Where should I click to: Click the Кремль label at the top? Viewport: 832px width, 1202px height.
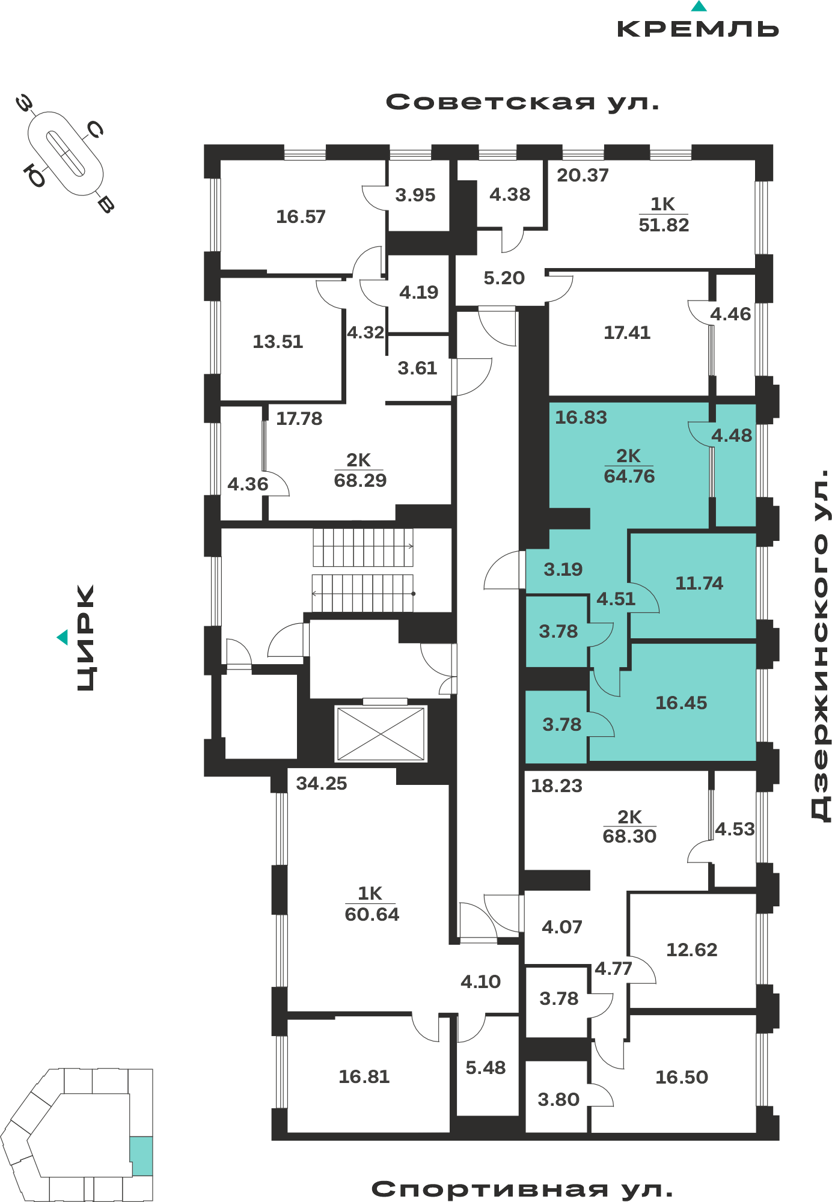tap(698, 29)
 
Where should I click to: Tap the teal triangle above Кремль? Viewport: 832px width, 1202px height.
tap(699, 6)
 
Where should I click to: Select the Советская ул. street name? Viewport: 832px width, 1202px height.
tap(522, 102)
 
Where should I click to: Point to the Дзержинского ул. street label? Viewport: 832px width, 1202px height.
tap(821, 645)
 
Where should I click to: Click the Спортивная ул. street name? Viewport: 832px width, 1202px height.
tap(522, 1189)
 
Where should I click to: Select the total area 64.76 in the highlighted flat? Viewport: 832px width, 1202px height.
tap(629, 476)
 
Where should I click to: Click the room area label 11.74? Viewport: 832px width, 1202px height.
tap(699, 583)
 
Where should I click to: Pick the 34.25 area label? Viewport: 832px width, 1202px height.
tap(322, 783)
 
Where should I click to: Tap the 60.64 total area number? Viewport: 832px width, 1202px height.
tap(372, 914)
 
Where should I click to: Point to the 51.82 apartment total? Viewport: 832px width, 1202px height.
tap(664, 225)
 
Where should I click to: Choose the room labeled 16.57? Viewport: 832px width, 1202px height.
tap(301, 216)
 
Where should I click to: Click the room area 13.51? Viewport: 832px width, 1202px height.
tap(278, 341)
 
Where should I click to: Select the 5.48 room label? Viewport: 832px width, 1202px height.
tap(486, 1067)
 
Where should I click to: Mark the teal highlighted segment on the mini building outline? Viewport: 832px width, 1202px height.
tap(141, 1156)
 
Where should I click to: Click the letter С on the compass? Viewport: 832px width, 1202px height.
tap(95, 129)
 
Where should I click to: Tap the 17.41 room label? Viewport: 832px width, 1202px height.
tap(627, 332)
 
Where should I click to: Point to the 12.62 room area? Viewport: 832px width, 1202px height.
tap(692, 950)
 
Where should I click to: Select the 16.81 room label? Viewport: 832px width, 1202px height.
tap(364, 1076)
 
